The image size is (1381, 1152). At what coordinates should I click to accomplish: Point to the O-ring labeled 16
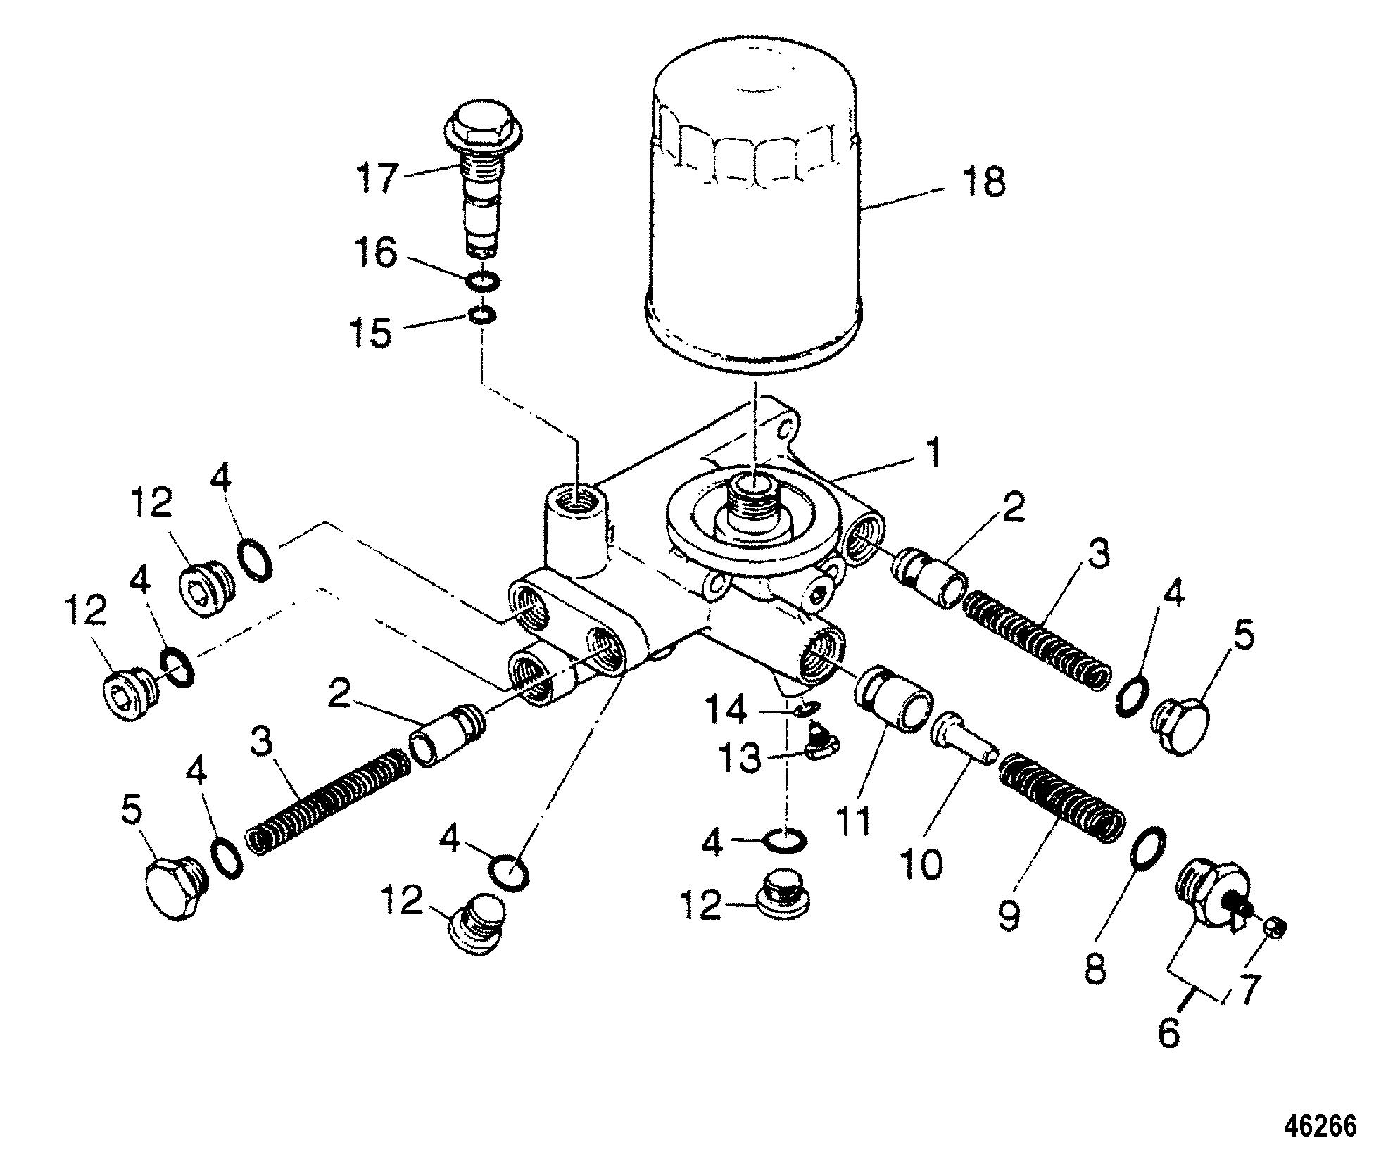(x=484, y=281)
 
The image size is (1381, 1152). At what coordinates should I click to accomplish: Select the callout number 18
(x=984, y=182)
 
